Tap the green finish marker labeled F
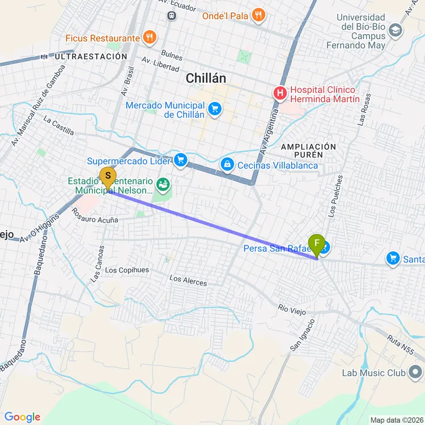click(x=317, y=245)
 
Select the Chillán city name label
click(x=206, y=79)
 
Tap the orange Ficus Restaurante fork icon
click(x=149, y=38)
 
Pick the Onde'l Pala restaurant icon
click(x=258, y=15)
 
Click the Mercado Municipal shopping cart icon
click(x=214, y=108)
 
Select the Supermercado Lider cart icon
click(x=180, y=161)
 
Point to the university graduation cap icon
click(x=396, y=30)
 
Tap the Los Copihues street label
click(x=127, y=270)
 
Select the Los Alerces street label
click(x=188, y=280)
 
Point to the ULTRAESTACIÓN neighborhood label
click(x=91, y=57)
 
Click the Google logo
click(x=23, y=417)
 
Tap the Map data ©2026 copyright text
click(x=397, y=420)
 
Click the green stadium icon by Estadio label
click(x=163, y=184)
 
